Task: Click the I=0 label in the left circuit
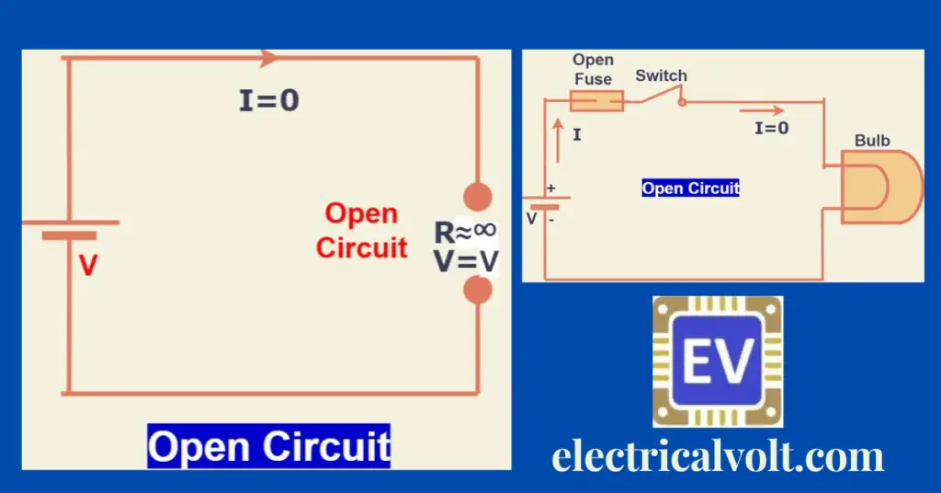269,100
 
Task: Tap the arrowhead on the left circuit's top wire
269,58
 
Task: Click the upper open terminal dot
477,197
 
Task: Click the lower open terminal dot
477,291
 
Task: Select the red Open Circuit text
362,230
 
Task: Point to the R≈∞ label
466,232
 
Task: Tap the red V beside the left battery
87,266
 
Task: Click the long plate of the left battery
70,222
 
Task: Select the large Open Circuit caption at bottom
269,446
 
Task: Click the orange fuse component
596,100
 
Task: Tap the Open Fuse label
593,70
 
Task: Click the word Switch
661,75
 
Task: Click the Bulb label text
872,141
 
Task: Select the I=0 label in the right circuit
771,128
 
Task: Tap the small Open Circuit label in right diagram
690,189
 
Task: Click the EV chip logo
717,361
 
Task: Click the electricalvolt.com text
717,456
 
